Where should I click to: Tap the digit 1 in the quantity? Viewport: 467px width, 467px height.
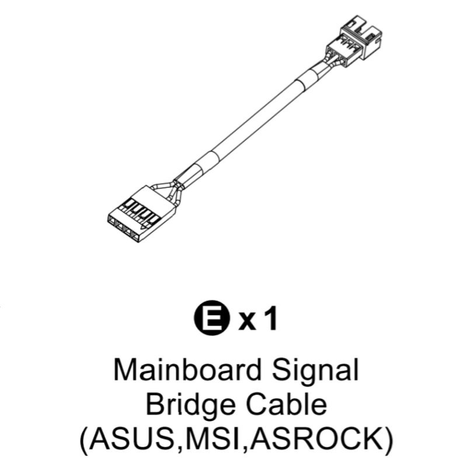269,320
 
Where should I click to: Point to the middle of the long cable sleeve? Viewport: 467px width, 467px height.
251,119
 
